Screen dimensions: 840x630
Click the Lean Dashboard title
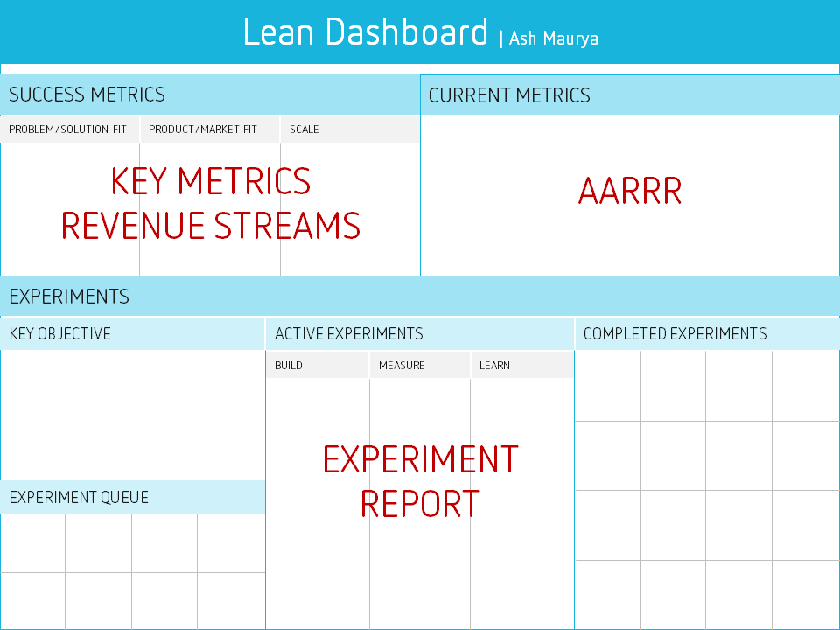coord(366,31)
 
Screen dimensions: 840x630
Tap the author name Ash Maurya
coord(553,38)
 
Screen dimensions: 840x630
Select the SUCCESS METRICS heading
coord(87,94)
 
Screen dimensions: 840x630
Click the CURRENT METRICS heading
coord(509,95)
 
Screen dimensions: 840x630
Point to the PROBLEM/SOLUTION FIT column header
coord(67,129)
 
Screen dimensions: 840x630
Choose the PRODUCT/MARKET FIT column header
coord(202,129)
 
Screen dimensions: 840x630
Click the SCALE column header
coord(304,129)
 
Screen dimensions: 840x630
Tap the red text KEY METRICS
coord(211,180)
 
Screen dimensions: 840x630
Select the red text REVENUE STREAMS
coord(211,225)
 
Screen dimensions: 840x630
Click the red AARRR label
coord(630,191)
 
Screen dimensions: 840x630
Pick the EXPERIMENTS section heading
coord(69,297)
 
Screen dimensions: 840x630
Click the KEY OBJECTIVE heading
coord(60,333)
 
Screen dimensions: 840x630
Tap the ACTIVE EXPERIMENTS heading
coord(349,333)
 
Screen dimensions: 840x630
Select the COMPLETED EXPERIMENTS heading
coord(675,333)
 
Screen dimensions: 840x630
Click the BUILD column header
coord(289,366)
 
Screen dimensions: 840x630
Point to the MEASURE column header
coord(402,366)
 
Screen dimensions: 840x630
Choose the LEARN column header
coord(494,366)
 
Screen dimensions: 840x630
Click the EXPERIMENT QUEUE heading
coord(79,497)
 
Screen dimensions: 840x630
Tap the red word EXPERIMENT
coord(421,459)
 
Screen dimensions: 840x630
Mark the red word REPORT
coord(421,504)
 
